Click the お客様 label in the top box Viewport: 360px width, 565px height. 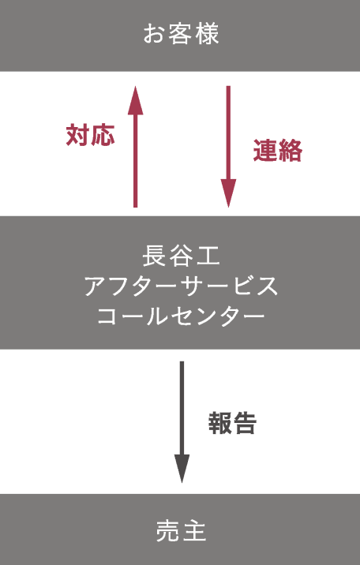click(181, 34)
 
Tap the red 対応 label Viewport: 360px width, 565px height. click(90, 135)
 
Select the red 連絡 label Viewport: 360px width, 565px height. click(277, 150)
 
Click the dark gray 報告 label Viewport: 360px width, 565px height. click(232, 423)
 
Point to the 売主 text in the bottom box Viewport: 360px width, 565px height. click(181, 531)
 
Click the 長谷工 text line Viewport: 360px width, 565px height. click(181, 256)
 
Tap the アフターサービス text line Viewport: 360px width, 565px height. click(181, 286)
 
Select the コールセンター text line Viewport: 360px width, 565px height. click(181, 316)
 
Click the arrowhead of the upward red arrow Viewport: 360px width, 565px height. click(136, 100)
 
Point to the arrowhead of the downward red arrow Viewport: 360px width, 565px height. click(228, 193)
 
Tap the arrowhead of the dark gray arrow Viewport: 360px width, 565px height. click(182, 469)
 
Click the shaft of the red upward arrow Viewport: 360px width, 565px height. click(136, 161)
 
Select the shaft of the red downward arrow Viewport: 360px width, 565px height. click(228, 133)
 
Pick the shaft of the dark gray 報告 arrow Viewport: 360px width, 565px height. click(182, 408)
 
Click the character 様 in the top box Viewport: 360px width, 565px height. click(207, 34)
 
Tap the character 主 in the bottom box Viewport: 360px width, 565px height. click(194, 531)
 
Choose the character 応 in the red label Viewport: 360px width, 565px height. click(103, 135)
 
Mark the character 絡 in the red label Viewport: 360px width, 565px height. click(291, 150)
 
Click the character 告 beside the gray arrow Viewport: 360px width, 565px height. click(245, 423)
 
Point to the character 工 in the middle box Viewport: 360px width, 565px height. click(208, 256)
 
